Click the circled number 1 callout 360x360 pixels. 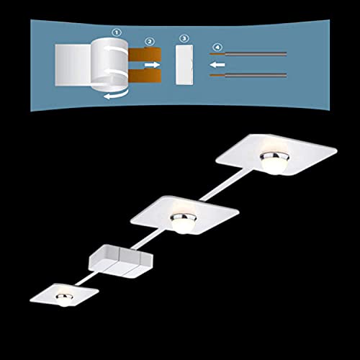117,32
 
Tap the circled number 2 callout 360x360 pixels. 150,42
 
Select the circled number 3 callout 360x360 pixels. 184,38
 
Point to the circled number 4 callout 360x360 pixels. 217,47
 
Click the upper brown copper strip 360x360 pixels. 145,54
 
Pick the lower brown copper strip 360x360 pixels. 145,76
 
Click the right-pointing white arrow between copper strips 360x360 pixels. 152,65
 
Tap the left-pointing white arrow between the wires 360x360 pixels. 217,65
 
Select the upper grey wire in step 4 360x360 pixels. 248,54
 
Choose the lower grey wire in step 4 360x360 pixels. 248,76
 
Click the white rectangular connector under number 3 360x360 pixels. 184,65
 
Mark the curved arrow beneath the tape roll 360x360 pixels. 116,95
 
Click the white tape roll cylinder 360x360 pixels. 109,64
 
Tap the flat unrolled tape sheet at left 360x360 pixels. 73,65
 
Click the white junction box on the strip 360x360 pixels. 120,261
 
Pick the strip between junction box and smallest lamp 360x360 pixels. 86,279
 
